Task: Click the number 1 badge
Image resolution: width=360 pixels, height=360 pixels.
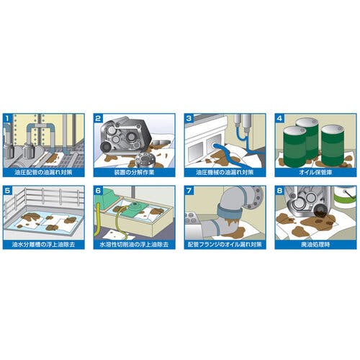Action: (7, 118)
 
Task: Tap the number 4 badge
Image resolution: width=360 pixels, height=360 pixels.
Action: (279, 118)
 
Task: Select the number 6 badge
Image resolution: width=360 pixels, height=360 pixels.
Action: (98, 191)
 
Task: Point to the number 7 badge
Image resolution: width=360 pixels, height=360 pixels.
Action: (189, 191)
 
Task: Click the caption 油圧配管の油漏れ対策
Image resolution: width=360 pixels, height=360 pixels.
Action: (43, 172)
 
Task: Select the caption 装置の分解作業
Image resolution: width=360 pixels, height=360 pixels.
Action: (134, 172)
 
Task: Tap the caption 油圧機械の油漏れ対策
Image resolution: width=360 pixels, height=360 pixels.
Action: (225, 172)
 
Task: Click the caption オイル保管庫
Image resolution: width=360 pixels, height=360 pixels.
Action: (315, 172)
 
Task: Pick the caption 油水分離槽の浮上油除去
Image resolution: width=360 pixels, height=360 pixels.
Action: (43, 245)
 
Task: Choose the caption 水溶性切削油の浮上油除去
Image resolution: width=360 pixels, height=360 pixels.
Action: (134, 245)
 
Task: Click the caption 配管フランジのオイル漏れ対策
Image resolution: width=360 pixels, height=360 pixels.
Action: (225, 245)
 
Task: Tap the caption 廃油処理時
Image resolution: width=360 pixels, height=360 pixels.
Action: (315, 245)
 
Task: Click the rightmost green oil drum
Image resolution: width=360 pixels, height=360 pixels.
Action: (333, 145)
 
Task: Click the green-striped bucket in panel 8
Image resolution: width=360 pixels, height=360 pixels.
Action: (345, 197)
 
